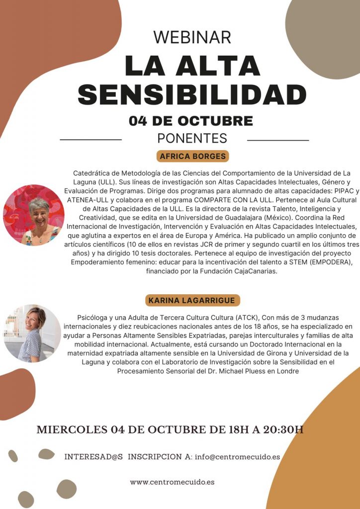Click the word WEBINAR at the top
[192, 37]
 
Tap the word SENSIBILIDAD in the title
[192, 94]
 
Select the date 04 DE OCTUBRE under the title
[191, 121]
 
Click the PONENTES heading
[192, 138]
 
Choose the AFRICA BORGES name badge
[193, 156]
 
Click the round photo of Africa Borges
[34, 215]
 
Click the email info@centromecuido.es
[237, 456]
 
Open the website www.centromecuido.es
[173, 482]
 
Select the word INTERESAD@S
[93, 456]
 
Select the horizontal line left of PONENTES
[90, 140]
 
